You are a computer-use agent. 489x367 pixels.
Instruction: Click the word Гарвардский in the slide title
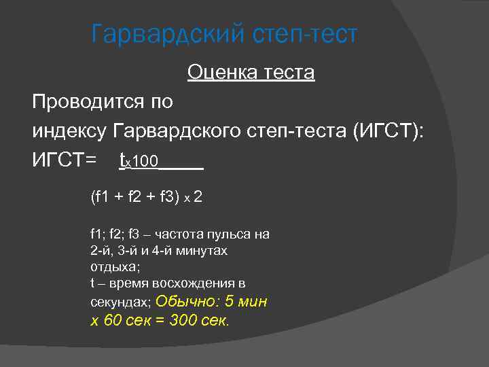(164, 34)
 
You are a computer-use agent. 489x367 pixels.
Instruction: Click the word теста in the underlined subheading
(286, 72)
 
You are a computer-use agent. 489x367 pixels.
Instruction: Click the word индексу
(69, 131)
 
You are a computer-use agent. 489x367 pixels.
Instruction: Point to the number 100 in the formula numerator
(146, 162)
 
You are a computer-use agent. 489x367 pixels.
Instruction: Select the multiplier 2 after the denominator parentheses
(198, 198)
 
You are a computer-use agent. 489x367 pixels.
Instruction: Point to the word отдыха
(113, 267)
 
